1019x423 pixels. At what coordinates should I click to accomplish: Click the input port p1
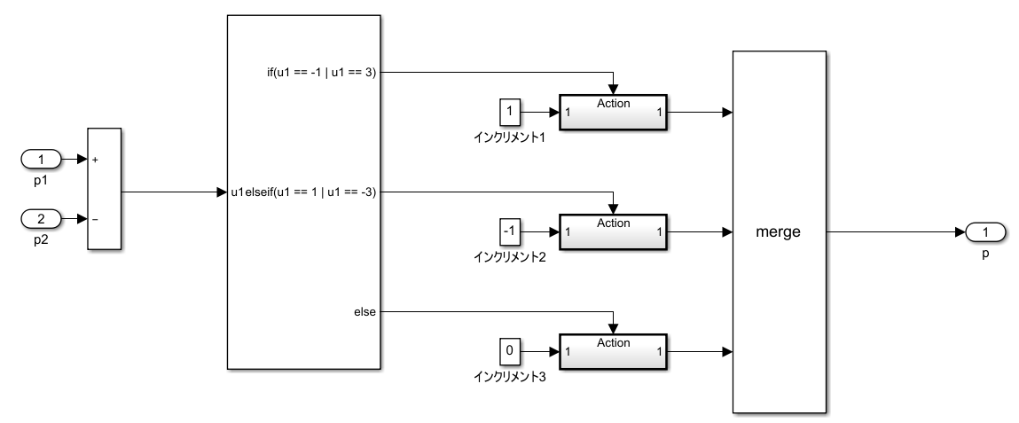coord(41,160)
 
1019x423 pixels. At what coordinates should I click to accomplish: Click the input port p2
coord(41,218)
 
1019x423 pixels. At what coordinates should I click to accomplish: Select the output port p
coord(985,232)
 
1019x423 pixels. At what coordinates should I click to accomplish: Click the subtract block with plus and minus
coord(104,190)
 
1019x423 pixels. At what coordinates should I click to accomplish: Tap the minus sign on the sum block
coord(95,219)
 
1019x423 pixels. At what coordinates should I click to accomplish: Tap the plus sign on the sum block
coord(95,161)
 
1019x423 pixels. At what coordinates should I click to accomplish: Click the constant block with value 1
coord(509,113)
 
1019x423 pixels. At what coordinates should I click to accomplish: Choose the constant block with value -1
coord(509,232)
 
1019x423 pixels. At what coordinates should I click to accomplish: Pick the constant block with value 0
coord(509,351)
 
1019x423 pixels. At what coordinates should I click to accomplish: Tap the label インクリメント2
coord(509,256)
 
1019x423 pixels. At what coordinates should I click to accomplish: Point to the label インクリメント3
coord(509,376)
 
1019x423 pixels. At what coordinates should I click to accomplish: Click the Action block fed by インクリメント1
coord(613,113)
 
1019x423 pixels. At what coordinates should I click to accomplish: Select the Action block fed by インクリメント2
coord(613,232)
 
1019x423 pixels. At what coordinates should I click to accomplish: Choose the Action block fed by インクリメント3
coord(613,351)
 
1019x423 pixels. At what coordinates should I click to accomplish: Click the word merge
coord(779,232)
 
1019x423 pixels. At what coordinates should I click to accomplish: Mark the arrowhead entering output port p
coord(960,232)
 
